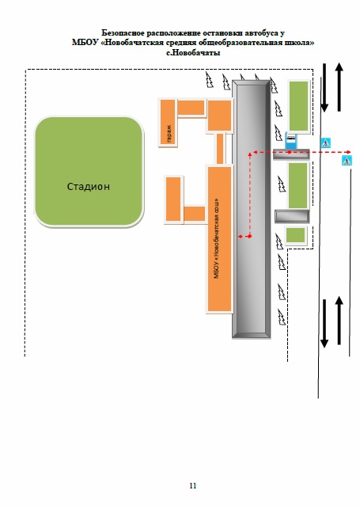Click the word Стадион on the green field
pos(88,187)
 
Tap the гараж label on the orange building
pos(169,134)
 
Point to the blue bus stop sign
pos(291,140)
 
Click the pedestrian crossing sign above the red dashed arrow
pos(326,142)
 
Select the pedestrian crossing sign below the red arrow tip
pos(347,161)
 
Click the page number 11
pos(193,485)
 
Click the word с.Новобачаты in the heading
pos(193,52)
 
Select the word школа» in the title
pos(300,43)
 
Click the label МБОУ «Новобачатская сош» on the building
pos(217,238)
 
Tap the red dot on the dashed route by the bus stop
pos(290,152)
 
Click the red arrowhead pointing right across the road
pos(348,152)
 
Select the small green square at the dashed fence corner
pos(295,234)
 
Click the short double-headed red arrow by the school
pos(244,237)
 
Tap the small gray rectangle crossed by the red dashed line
pos(291,154)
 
